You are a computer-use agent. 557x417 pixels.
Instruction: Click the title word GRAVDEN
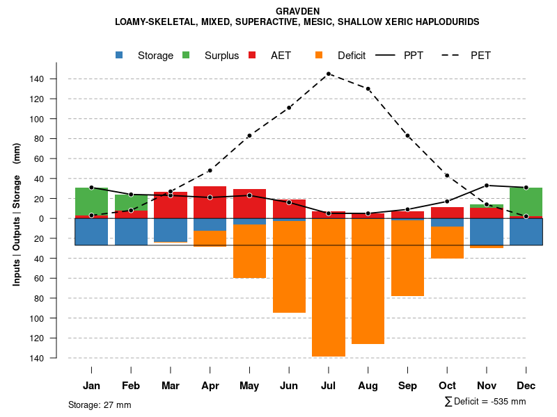coord(297,12)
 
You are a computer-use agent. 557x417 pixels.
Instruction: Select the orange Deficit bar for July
coord(329,288)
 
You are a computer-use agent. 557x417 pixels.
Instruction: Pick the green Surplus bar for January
coord(91,202)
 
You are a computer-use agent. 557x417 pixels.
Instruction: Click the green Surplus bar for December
coord(526,202)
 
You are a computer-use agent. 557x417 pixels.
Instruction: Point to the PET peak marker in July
coord(329,74)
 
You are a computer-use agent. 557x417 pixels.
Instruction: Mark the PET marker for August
coord(368,89)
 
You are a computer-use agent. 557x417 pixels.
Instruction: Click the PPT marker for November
coord(487,186)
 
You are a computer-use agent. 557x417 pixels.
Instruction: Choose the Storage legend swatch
coord(120,55)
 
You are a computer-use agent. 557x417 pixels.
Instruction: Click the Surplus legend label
coord(221,56)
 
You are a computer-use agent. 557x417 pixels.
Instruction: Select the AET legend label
coord(281,56)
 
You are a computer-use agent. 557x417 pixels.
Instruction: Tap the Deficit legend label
coord(352,56)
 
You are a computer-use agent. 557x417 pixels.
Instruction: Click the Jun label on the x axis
coord(289,386)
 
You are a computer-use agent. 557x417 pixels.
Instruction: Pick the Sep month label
coord(408,386)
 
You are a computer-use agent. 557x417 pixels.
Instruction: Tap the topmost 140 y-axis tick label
coord(37,79)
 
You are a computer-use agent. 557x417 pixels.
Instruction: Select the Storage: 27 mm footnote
coord(100,404)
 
